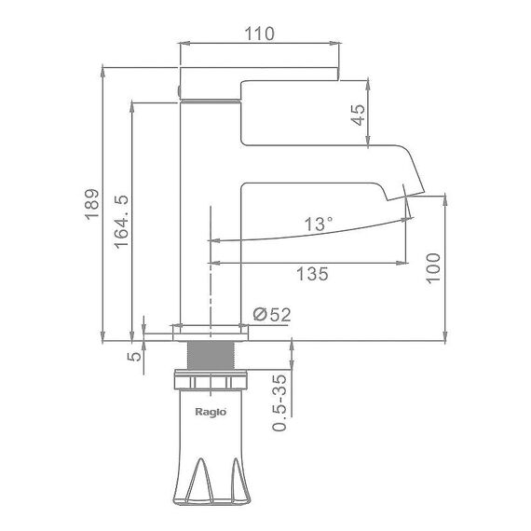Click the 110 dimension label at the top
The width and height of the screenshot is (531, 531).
click(259, 34)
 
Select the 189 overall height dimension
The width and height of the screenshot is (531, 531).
click(92, 204)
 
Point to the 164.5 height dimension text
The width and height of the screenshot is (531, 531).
click(122, 222)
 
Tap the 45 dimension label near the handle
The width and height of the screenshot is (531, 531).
click(359, 115)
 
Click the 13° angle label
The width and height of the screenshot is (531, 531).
click(319, 224)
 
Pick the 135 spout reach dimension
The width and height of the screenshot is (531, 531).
click(312, 274)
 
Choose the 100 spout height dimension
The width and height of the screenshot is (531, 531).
click(433, 267)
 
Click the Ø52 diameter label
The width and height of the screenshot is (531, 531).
click(272, 315)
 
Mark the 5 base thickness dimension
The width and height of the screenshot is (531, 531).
click(134, 356)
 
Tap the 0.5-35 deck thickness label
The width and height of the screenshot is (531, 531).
click(279, 402)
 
